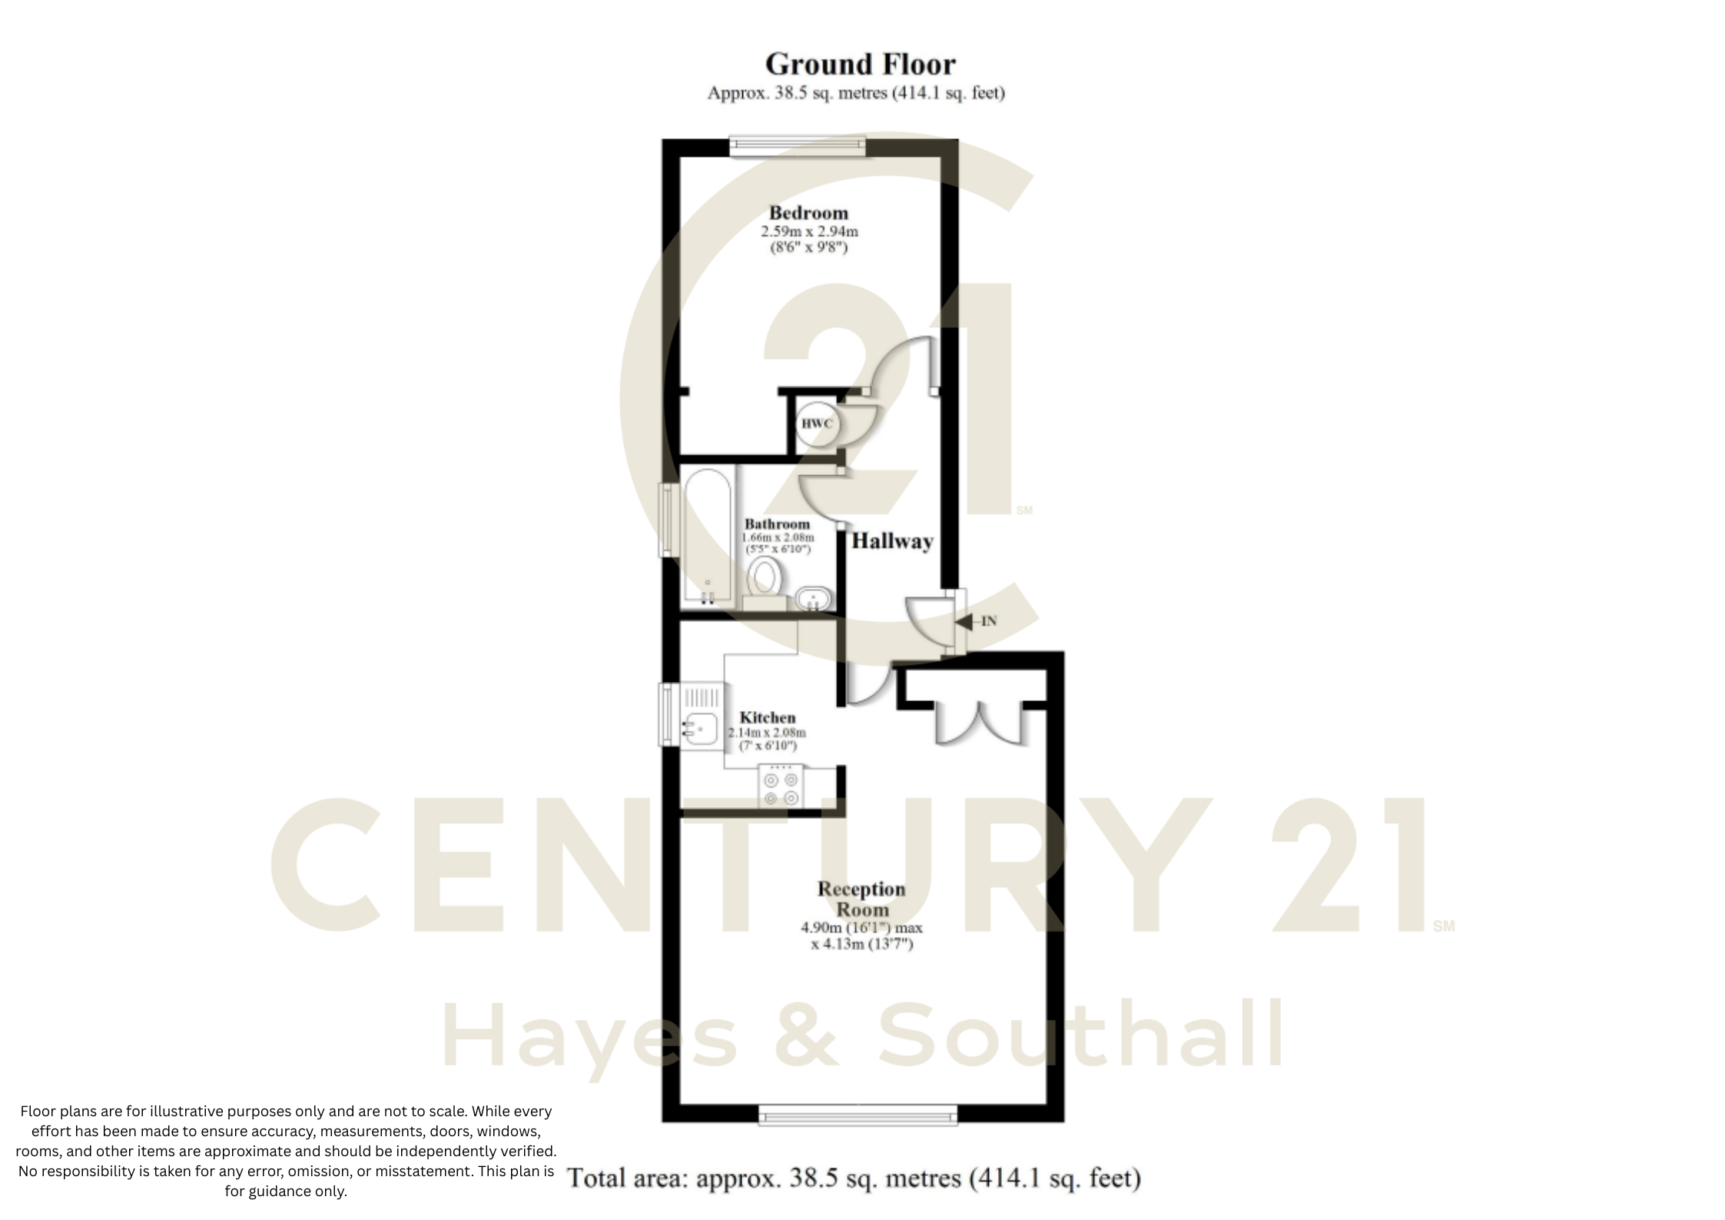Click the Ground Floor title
(x=860, y=64)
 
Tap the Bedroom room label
(x=808, y=213)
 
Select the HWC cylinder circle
(x=816, y=424)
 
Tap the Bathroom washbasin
(x=812, y=598)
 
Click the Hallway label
(x=892, y=541)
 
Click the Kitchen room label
(x=767, y=717)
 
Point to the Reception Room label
(x=861, y=899)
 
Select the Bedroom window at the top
(x=798, y=146)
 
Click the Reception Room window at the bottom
(x=858, y=1114)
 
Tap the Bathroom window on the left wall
(x=666, y=520)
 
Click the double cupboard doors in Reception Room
(x=980, y=723)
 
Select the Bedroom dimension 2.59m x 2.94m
(x=809, y=231)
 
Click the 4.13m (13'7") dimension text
(x=862, y=944)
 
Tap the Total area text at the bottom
(x=854, y=1178)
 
